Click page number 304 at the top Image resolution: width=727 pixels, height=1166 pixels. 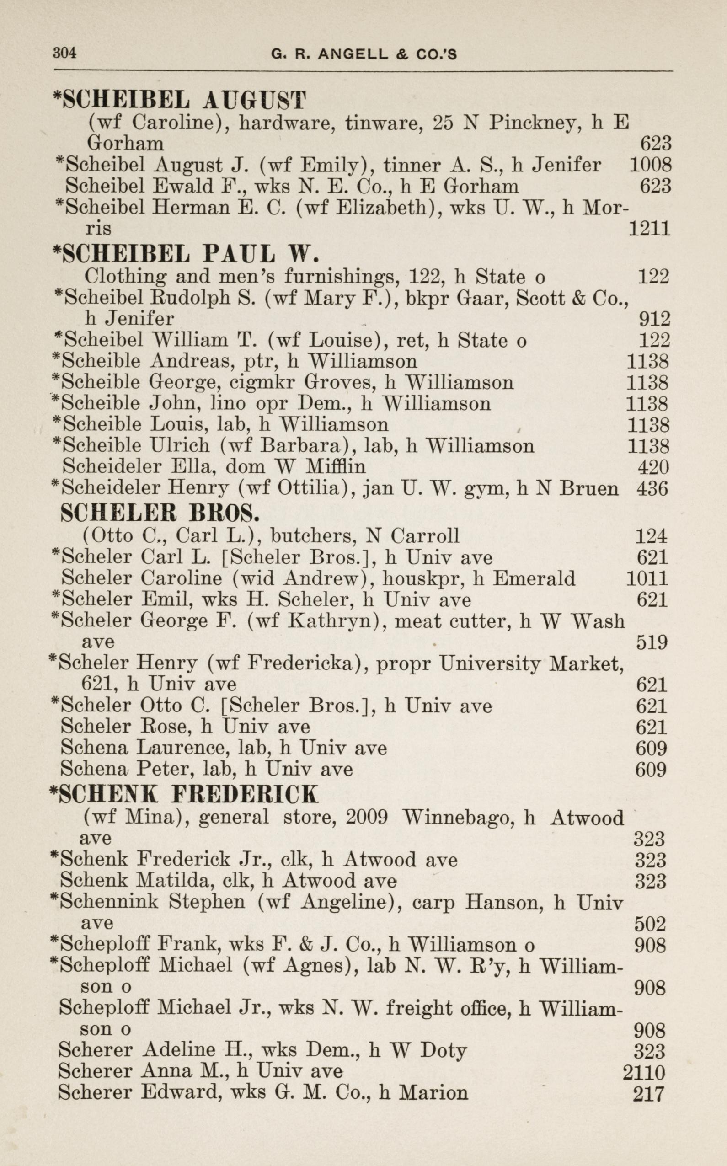pos(64,53)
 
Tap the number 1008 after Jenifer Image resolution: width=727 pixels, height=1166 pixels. pos(650,165)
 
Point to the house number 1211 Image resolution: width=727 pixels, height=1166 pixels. pos(649,228)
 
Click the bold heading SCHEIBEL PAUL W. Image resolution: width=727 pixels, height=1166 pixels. pos(186,253)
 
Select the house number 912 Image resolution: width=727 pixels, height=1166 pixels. pos(654,319)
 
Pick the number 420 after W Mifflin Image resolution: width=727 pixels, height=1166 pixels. pos(652,467)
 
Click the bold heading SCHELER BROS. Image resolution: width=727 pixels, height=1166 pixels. pos(160,513)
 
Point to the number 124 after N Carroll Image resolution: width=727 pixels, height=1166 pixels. pos(652,535)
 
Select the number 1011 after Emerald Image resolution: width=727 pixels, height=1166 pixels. pos(647,578)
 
